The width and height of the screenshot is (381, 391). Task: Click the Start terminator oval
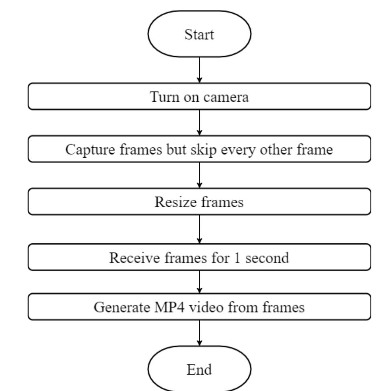pyautogui.click(x=199, y=34)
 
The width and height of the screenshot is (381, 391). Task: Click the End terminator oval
pyautogui.click(x=199, y=369)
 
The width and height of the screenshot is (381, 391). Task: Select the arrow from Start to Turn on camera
pyautogui.click(x=200, y=70)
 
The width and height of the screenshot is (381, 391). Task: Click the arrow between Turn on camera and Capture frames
pyautogui.click(x=200, y=122)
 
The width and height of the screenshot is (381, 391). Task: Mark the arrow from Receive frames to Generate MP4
pyautogui.click(x=200, y=282)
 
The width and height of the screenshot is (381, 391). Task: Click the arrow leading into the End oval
pyautogui.click(x=200, y=333)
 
